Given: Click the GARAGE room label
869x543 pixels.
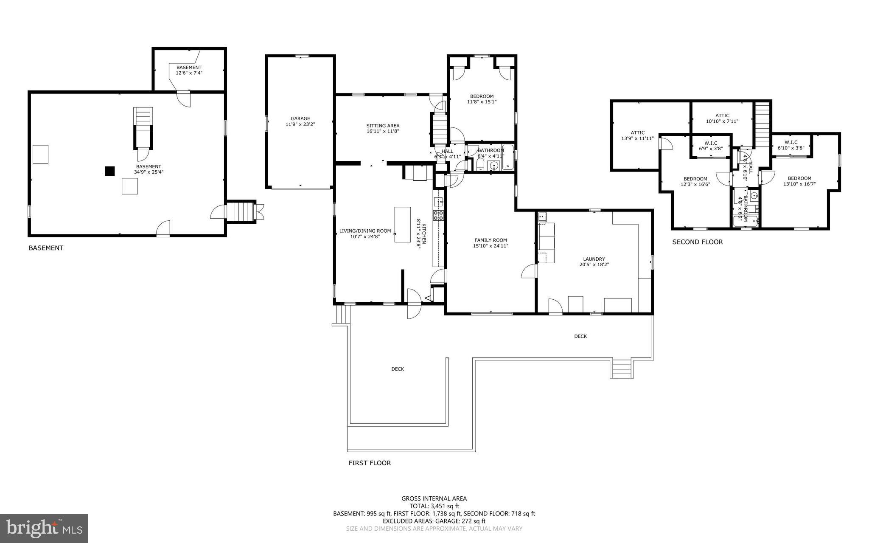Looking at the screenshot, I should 300,118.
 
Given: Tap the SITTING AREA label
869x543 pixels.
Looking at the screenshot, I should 383,126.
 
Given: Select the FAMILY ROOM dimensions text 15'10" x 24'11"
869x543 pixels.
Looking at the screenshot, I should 491,246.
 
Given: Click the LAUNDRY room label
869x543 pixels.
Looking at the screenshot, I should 594,259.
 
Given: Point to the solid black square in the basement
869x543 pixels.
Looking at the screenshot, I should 110,171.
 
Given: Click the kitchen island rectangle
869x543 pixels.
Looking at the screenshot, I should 402,224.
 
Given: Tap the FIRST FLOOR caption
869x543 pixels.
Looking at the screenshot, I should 370,463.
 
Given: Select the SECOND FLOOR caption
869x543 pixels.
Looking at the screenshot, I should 697,242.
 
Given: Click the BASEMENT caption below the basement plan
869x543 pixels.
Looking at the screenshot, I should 46,248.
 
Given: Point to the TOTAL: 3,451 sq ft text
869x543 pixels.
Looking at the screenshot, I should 434,506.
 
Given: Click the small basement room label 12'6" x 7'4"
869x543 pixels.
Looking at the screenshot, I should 189,73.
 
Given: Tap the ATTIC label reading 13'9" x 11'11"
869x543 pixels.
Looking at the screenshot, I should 637,138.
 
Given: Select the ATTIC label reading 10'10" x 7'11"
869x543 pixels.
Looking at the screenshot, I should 722,121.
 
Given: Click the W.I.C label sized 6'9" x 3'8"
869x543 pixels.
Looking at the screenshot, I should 711,149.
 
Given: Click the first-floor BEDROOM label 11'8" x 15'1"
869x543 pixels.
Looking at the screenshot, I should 482,101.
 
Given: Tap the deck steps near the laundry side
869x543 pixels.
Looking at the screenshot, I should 622,368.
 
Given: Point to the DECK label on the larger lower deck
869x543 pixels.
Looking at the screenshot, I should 398,369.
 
